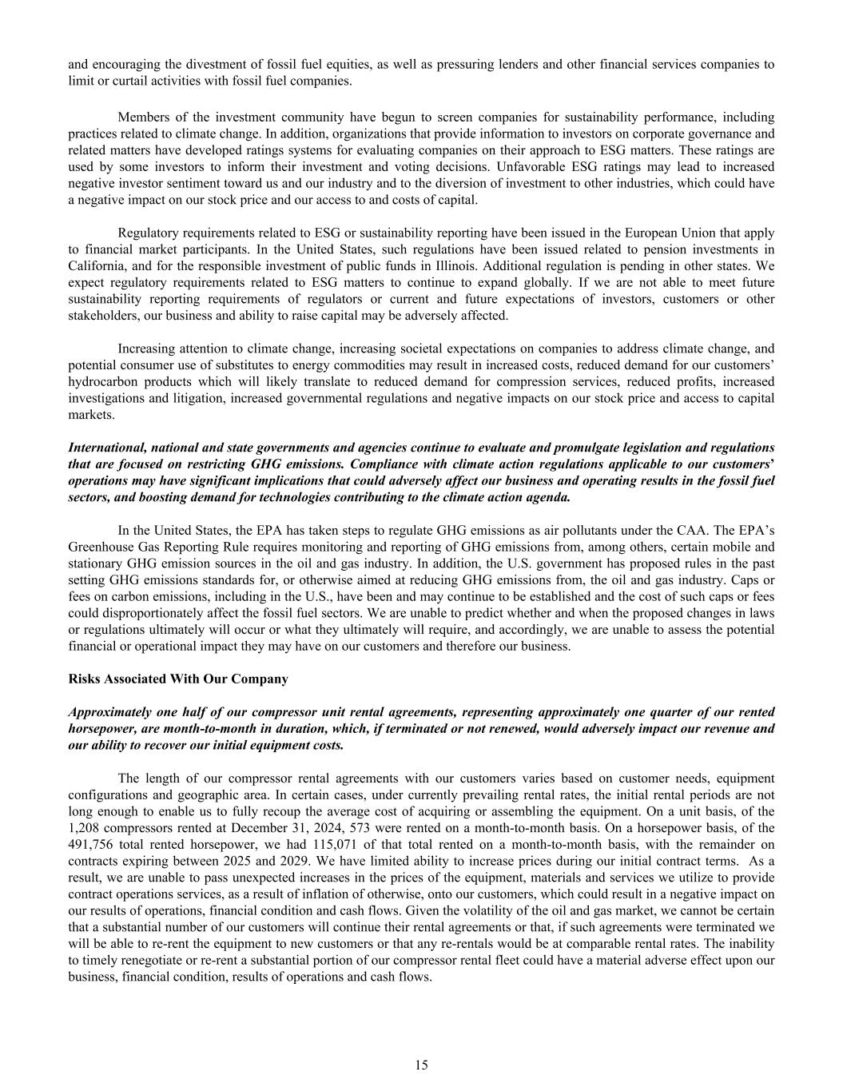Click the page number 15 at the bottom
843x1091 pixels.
(x=421, y=1065)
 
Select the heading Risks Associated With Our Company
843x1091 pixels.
(x=178, y=679)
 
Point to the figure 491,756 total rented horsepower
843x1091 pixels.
(x=89, y=844)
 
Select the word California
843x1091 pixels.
(x=96, y=265)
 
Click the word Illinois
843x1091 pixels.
(x=448, y=265)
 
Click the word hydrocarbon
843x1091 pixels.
(x=101, y=382)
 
